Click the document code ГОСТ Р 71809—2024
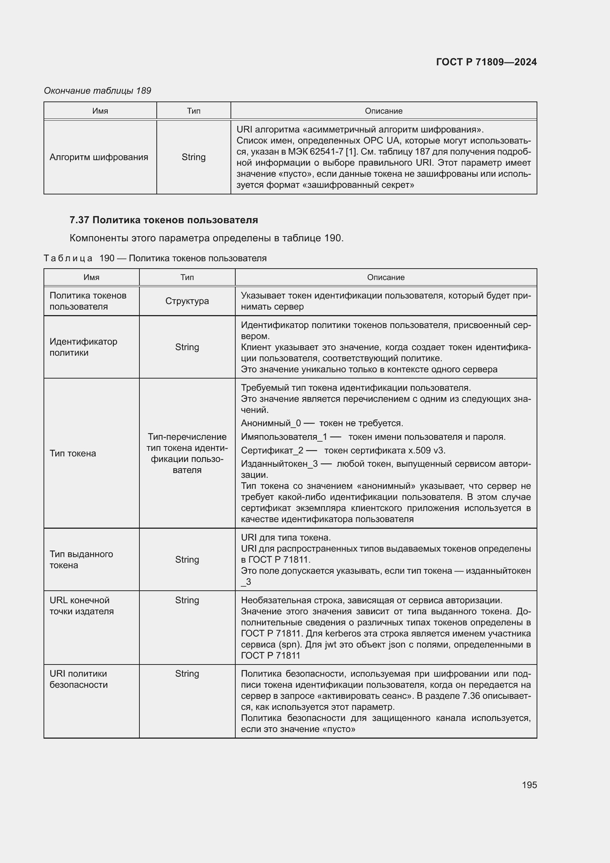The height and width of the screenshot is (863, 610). (x=486, y=62)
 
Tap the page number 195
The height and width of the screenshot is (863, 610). (x=529, y=785)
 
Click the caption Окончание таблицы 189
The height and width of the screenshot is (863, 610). (x=97, y=91)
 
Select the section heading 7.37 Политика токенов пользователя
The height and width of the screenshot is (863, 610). (x=164, y=220)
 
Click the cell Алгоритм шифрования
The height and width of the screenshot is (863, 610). (x=99, y=157)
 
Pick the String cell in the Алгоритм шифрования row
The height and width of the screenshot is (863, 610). (x=194, y=157)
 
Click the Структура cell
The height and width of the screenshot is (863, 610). (x=187, y=301)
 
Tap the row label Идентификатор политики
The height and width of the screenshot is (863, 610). (x=83, y=347)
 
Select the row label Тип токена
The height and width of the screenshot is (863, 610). (x=73, y=453)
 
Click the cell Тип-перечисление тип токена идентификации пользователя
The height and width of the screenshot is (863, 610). (x=187, y=453)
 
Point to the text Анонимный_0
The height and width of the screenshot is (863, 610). (x=271, y=423)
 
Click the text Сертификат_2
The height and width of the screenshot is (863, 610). (x=272, y=450)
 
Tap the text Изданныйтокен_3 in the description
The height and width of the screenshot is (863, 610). (x=280, y=464)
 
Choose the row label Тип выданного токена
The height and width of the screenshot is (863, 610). (x=81, y=559)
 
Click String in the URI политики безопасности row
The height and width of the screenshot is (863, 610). (x=187, y=674)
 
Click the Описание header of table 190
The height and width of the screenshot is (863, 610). (x=386, y=277)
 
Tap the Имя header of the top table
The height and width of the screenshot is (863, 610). (x=100, y=111)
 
